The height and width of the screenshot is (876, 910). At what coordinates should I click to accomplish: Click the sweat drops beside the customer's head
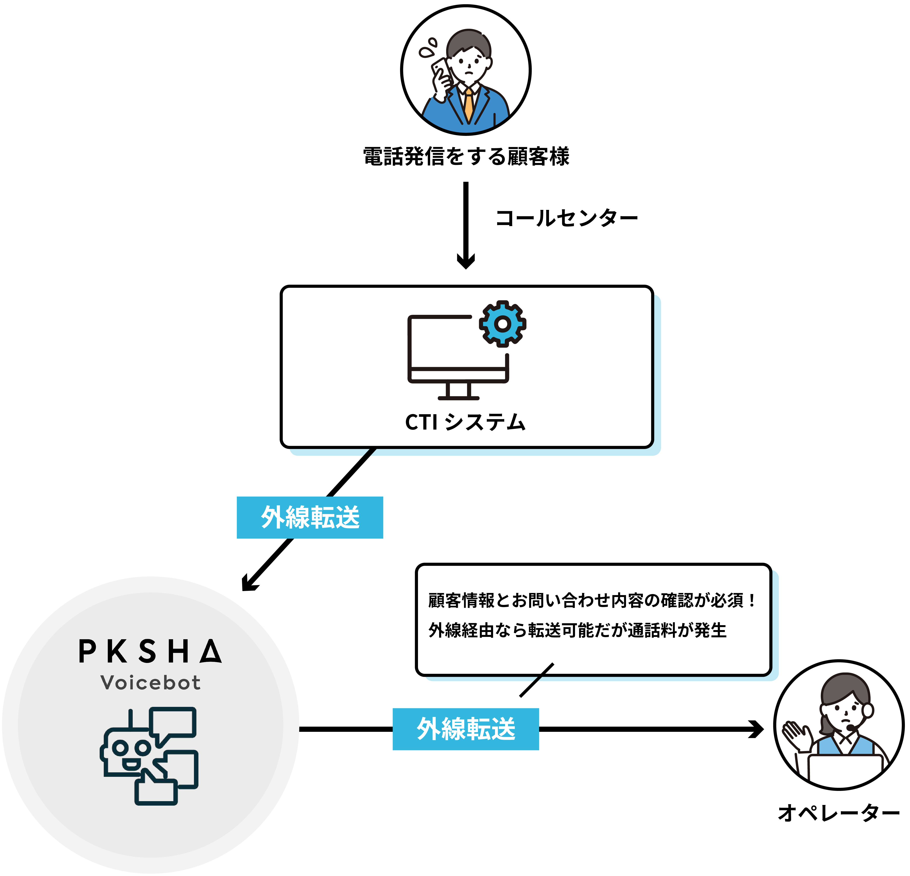click(x=428, y=47)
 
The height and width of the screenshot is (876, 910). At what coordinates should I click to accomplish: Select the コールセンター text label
click(x=566, y=218)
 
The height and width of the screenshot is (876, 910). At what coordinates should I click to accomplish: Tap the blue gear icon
click(x=502, y=324)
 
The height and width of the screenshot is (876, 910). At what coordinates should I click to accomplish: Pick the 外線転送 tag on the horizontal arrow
click(x=466, y=729)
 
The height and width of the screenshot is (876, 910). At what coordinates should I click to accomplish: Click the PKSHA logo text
click(x=150, y=651)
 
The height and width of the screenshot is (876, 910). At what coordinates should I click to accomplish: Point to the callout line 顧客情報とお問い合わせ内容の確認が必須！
click(x=592, y=600)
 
